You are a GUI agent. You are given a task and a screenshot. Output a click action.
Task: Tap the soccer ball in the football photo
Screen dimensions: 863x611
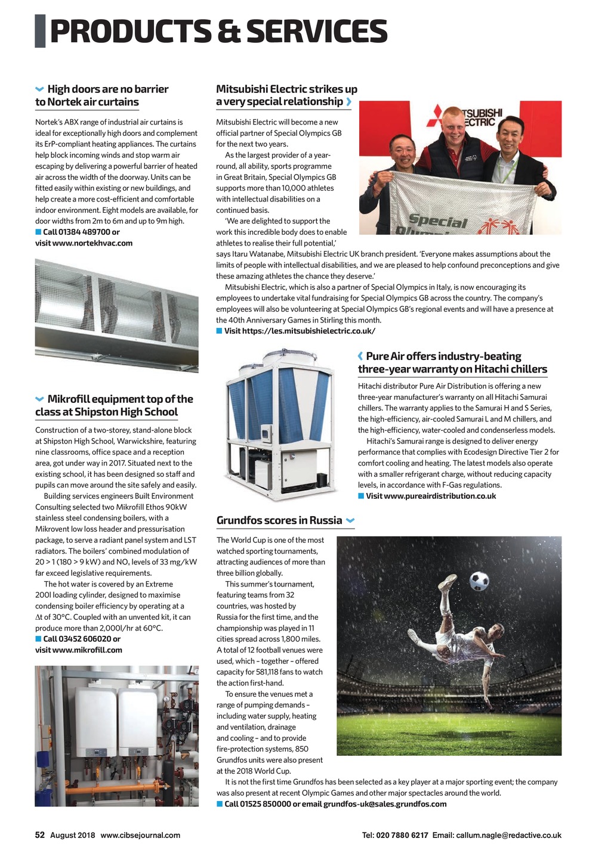click(479, 580)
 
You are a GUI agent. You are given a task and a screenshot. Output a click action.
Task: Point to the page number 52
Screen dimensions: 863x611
click(40, 835)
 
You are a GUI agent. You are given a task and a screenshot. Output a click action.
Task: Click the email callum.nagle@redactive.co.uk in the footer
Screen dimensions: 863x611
click(508, 835)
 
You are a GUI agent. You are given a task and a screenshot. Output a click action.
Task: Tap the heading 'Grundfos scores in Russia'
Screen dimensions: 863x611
click(279, 520)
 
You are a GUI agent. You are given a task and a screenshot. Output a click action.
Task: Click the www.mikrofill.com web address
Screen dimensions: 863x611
click(87, 650)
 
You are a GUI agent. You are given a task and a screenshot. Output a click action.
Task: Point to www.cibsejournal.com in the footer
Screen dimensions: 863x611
click(140, 835)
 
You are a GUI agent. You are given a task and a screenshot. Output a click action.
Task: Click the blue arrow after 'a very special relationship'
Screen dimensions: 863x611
click(348, 102)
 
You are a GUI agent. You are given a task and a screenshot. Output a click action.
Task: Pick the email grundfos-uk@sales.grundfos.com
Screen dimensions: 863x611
click(385, 804)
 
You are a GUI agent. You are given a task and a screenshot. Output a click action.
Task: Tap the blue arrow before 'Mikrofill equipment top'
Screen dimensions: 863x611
click(39, 399)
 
